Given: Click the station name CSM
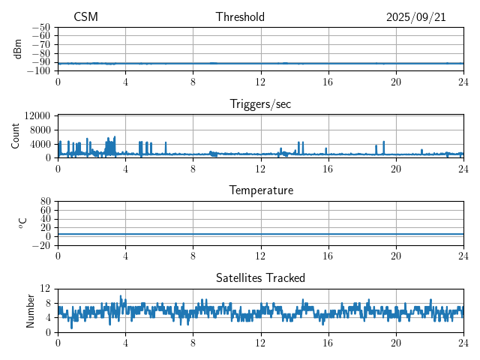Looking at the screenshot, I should [85, 17].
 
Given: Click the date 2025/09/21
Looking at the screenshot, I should [416, 17].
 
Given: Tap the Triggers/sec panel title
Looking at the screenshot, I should [260, 104].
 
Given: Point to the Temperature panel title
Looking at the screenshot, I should [260, 190].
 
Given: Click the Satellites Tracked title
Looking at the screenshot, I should [260, 277].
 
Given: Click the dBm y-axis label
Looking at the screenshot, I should [18, 49].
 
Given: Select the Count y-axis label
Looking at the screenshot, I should [16, 136].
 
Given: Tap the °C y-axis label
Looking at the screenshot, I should [22, 223].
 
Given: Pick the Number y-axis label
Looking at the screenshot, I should [31, 310].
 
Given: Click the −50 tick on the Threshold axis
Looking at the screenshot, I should [41, 28].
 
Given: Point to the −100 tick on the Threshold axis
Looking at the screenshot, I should [39, 71].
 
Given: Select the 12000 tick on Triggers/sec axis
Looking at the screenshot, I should [37, 115].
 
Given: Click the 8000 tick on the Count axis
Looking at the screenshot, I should [40, 130].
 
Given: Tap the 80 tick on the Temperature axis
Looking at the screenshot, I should [46, 202].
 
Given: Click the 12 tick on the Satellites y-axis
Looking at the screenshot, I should [46, 289].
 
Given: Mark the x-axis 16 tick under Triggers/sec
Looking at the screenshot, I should [328, 169].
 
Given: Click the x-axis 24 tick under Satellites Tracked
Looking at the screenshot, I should [463, 343].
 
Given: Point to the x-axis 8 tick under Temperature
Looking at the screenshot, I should [193, 256].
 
